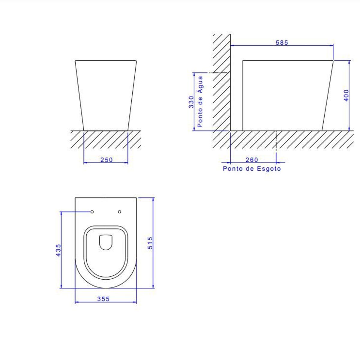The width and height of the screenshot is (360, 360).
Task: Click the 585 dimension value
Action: tap(282, 43)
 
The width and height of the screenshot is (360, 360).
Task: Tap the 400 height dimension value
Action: tap(346, 95)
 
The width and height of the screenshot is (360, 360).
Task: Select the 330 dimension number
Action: tap(191, 102)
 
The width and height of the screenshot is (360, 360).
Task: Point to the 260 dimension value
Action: tap(252, 160)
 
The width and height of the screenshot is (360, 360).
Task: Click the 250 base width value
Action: tap(107, 160)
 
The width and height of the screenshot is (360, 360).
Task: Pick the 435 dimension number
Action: tap(58, 250)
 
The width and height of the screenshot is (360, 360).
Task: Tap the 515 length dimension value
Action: tap(150, 243)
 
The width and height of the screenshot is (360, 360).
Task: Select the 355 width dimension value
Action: tap(103, 299)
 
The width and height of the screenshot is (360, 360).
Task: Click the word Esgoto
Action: tap(269, 169)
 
